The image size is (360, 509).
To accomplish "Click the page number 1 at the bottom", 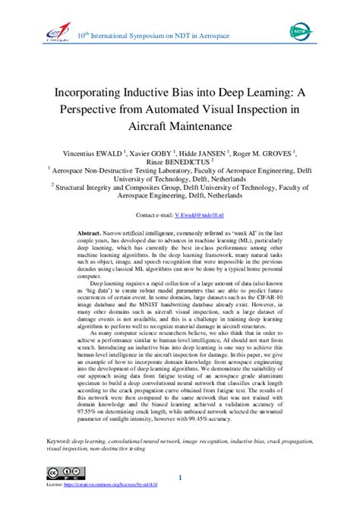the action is click(x=179, y=477).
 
